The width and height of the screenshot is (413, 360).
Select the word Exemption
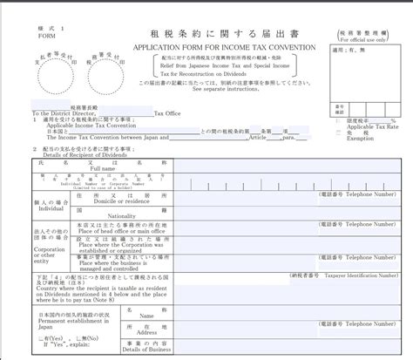tap(361, 138)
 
